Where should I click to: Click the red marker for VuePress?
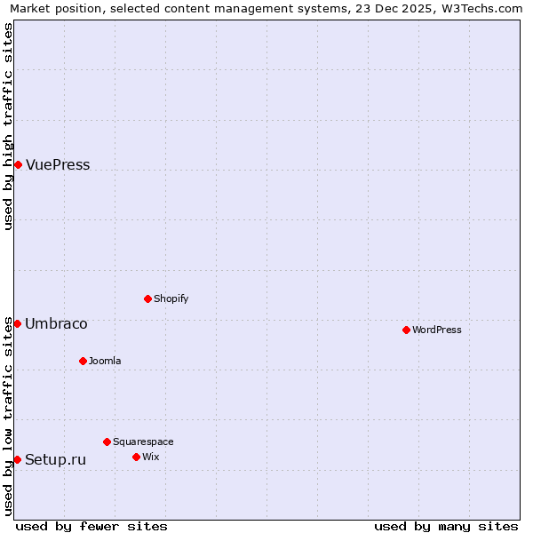pos(18,164)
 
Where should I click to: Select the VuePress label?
pos(58,165)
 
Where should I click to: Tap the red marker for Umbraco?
pos(17,323)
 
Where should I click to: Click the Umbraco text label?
pos(56,324)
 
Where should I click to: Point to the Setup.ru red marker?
pos(17,459)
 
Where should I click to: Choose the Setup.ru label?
pos(55,460)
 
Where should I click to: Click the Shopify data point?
pos(147,298)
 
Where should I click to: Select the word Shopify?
pos(171,299)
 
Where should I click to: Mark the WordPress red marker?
pos(406,330)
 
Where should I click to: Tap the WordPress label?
pos(436,330)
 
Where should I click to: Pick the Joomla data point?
pos(83,361)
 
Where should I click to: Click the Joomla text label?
pos(105,362)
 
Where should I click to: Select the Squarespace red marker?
pos(107,442)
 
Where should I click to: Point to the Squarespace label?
pos(143,442)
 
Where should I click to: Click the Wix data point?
pos(136,457)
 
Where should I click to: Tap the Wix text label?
pos(150,457)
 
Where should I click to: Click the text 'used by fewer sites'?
pos(91,527)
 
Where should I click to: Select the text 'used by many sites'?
pos(446,527)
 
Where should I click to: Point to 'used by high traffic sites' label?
pos(8,126)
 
